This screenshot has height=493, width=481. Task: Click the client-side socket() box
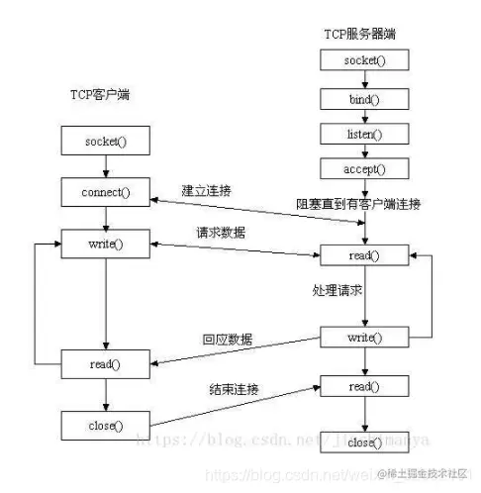point(106,141)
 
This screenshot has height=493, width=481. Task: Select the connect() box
point(106,189)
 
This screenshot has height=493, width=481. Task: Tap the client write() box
point(106,242)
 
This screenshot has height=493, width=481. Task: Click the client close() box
point(106,426)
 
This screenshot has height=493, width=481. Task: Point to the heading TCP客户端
point(99,96)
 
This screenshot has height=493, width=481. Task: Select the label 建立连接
point(206,188)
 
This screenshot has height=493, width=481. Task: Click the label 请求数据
point(221,233)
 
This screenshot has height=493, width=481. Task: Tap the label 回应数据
point(227,340)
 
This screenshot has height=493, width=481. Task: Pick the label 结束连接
point(230,389)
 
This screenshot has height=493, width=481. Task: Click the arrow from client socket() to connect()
point(106,165)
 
